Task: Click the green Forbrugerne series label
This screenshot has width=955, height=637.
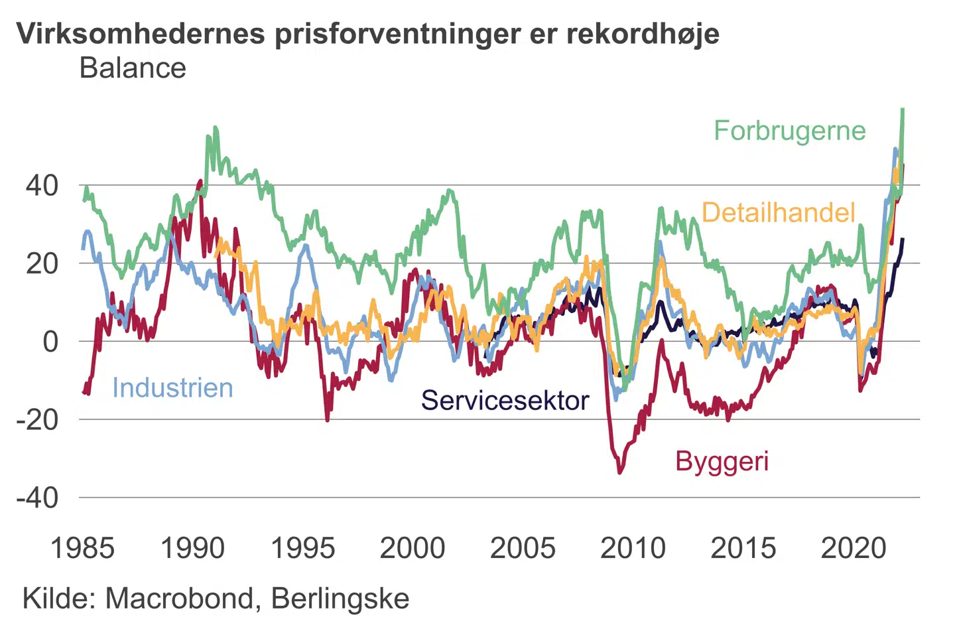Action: (x=789, y=131)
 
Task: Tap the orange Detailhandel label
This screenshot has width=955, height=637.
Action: (x=778, y=212)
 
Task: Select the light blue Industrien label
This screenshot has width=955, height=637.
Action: (x=172, y=388)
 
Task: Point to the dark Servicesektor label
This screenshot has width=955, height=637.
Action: (x=505, y=400)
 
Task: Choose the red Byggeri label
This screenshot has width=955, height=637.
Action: (x=722, y=461)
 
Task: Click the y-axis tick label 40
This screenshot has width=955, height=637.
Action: (x=42, y=186)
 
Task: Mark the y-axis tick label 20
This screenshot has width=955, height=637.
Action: (x=42, y=263)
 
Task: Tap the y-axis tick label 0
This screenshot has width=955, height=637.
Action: (x=50, y=342)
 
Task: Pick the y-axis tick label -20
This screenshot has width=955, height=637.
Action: (x=37, y=419)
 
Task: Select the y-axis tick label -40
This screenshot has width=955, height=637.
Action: (x=37, y=498)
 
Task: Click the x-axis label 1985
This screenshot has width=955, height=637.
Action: (x=82, y=548)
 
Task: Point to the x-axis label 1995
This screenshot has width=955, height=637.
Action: (x=303, y=548)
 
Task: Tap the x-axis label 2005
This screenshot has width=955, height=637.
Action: (x=523, y=548)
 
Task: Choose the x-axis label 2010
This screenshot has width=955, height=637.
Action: (x=633, y=548)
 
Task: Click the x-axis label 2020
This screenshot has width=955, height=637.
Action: (x=854, y=548)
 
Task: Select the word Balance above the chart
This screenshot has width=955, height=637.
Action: (x=133, y=68)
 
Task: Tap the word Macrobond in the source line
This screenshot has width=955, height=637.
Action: (x=179, y=599)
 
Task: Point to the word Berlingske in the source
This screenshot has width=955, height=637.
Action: (x=340, y=599)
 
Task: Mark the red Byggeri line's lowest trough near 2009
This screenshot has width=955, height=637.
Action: (x=620, y=472)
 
